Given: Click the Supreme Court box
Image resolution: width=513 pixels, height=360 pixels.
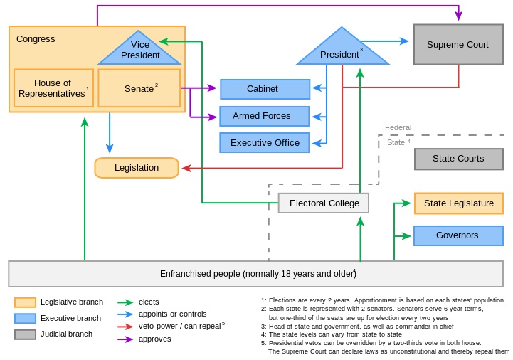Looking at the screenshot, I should click(458, 45).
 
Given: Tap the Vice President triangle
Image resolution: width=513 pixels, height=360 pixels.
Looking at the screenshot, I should click(140, 51).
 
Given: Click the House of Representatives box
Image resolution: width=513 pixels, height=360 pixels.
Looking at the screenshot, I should click(53, 88).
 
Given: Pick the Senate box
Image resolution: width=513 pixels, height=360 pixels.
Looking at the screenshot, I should click(139, 88).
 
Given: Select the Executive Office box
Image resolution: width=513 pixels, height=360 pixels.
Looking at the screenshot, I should click(265, 143).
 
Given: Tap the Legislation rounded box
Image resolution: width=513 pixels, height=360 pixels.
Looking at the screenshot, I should click(137, 168).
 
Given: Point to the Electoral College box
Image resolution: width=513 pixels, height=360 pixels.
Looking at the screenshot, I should click(324, 203).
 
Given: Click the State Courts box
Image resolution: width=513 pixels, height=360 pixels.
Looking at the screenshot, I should click(458, 159).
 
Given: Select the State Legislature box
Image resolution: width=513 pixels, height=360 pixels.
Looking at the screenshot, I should click(458, 203).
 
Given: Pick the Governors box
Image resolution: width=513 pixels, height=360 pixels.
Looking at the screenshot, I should click(458, 235).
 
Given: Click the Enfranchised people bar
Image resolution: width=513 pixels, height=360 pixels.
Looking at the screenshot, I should click(256, 274).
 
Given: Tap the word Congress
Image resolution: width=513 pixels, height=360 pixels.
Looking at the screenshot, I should click(36, 39).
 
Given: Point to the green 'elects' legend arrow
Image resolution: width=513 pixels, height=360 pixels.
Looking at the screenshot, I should click(127, 302).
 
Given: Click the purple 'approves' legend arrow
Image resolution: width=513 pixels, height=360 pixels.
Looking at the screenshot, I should click(127, 339).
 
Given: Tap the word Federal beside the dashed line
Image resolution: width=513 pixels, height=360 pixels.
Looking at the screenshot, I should click(398, 128).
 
